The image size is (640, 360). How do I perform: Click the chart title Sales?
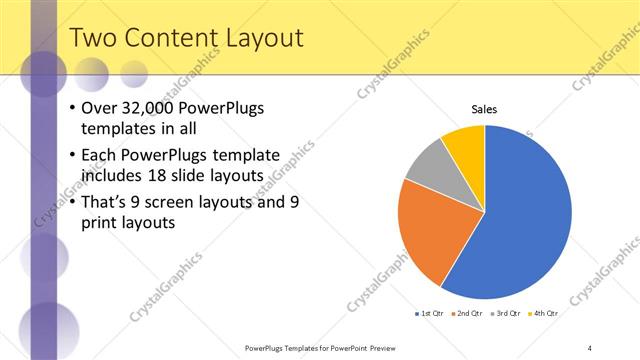(x=484, y=108)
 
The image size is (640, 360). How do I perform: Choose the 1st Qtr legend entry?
(x=431, y=314)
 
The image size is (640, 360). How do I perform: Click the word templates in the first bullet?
(x=116, y=128)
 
